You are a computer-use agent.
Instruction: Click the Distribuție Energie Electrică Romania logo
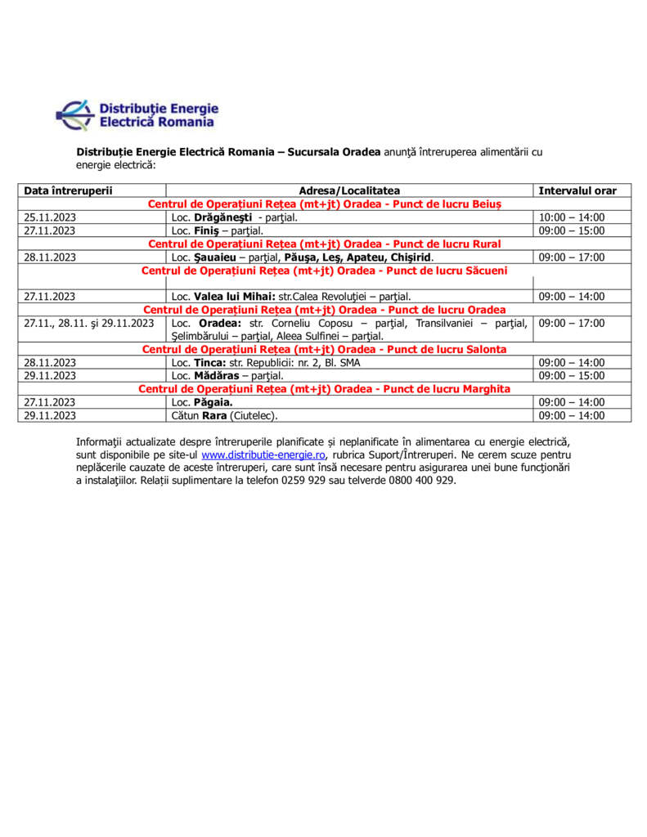click(137, 115)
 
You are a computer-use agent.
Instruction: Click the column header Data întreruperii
click(68, 190)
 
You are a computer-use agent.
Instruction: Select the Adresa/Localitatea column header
click(349, 190)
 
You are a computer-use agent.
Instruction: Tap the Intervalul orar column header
click(577, 190)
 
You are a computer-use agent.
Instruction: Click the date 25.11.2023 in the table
click(50, 217)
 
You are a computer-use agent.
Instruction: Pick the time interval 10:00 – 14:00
click(572, 217)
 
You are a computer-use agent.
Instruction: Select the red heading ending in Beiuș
click(325, 204)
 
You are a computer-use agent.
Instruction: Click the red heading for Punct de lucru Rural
click(325, 244)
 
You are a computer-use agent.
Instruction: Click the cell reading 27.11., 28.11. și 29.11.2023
click(88, 323)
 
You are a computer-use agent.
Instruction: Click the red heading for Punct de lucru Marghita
click(325, 389)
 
